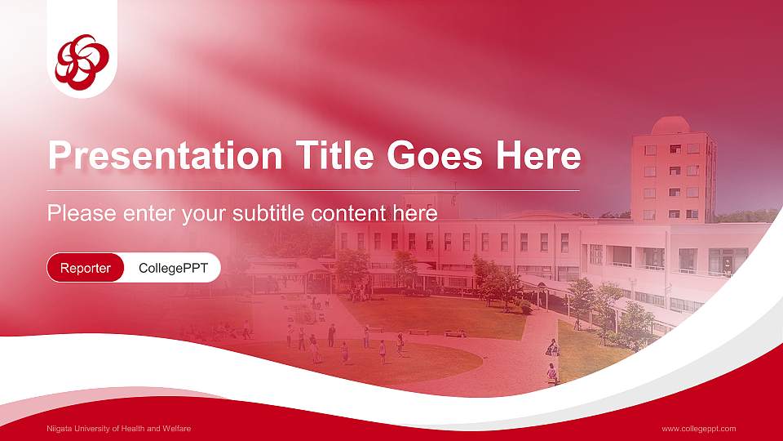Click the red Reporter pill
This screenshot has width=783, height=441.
click(86, 268)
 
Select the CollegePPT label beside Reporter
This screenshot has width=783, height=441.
click(173, 268)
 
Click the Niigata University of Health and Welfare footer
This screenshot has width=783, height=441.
click(118, 429)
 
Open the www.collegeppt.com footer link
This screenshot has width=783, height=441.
click(699, 429)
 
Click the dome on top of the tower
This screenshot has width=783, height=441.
click(671, 125)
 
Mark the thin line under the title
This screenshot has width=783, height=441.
click(314, 190)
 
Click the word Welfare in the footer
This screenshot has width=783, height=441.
click(176, 429)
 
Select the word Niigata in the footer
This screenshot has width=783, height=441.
click(60, 429)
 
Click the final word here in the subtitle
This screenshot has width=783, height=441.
click(418, 214)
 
